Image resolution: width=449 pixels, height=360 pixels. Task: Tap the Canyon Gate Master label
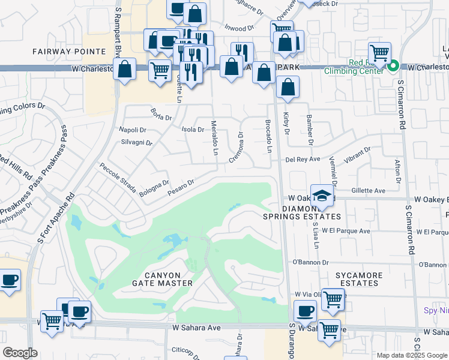tap(163, 278)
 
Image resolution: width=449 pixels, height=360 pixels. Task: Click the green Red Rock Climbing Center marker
tap(394, 66)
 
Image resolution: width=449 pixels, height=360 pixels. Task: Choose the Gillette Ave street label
tap(368, 190)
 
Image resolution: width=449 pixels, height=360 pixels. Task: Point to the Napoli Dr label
tap(133, 130)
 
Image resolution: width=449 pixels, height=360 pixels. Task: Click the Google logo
tap(20, 353)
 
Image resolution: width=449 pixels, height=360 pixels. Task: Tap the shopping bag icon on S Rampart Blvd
tap(124, 69)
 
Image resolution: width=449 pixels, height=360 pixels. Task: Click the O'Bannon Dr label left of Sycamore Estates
tap(310, 262)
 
